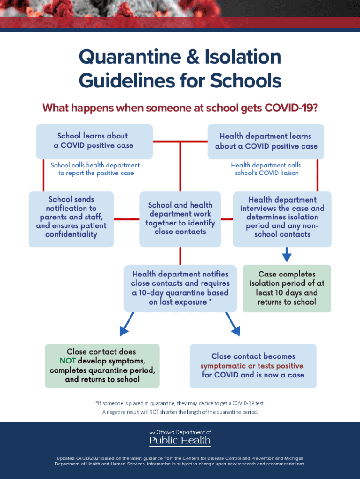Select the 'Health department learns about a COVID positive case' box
pos(266,141)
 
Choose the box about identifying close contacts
pos(180,218)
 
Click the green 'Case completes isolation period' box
pos(287,288)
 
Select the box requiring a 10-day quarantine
pos(180,288)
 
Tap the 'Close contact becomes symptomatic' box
pos(252,366)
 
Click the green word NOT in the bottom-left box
pos(68,361)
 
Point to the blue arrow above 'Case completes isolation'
pos(287,255)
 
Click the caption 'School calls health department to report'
pos(95,169)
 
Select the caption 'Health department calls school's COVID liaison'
pos(266,169)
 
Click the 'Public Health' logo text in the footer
pos(180,441)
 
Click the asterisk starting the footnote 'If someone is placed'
pos(96,403)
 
